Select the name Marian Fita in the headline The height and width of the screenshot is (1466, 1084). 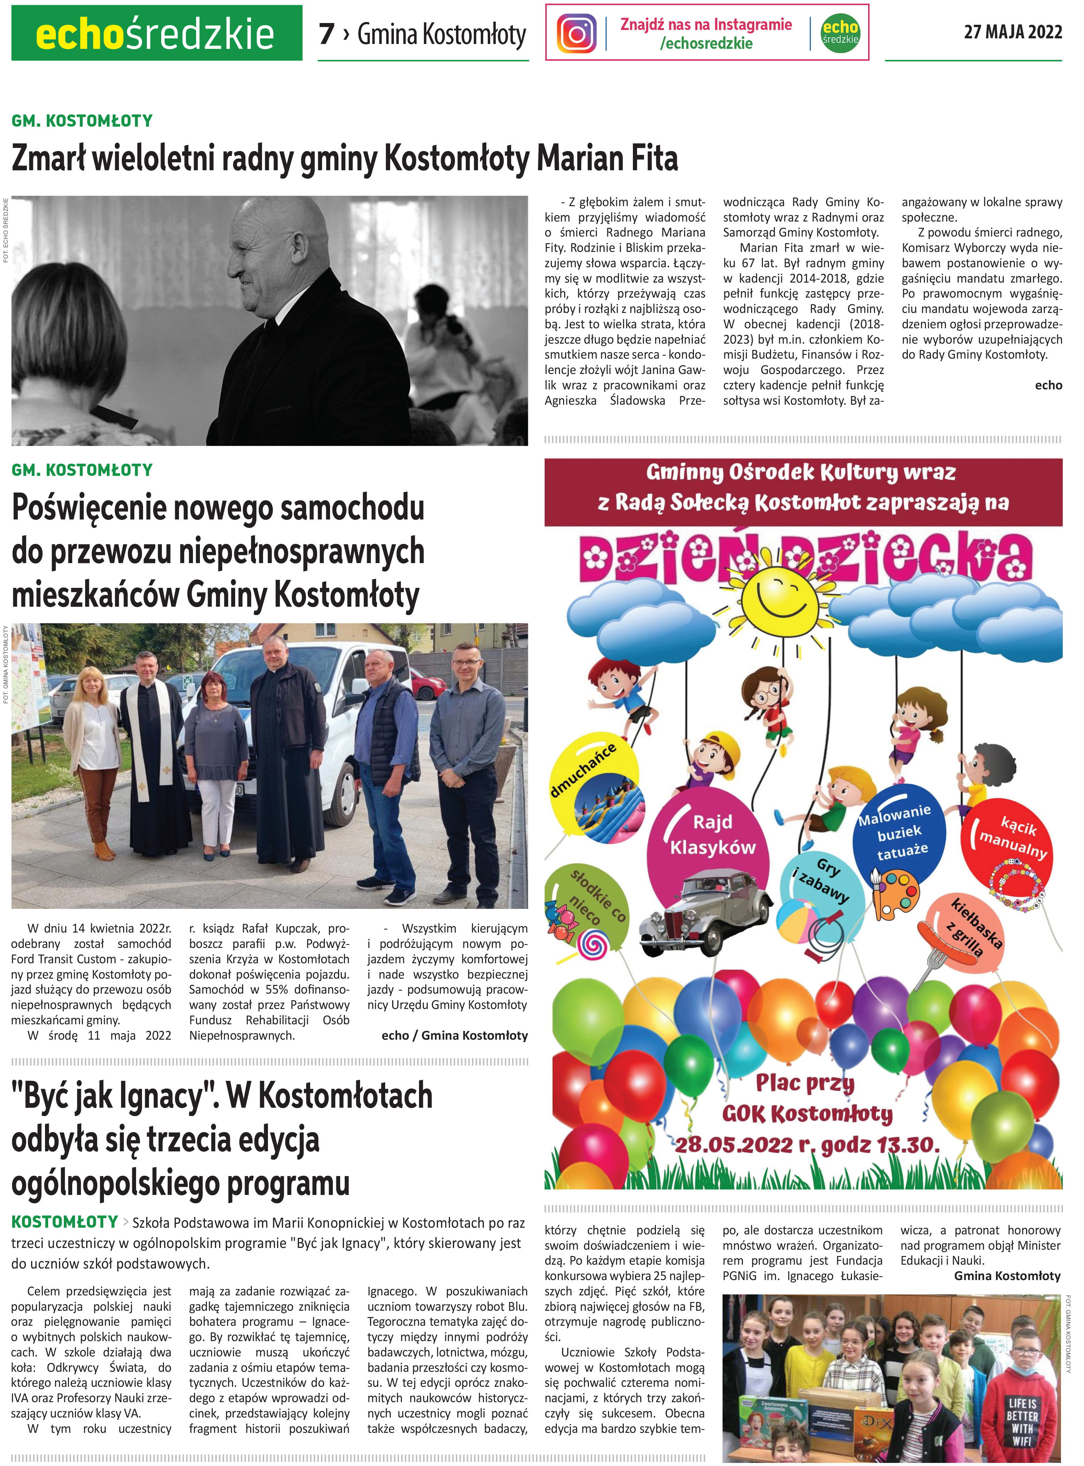pyautogui.click(x=607, y=159)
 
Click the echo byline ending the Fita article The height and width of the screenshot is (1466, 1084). pyautogui.click(x=1048, y=385)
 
